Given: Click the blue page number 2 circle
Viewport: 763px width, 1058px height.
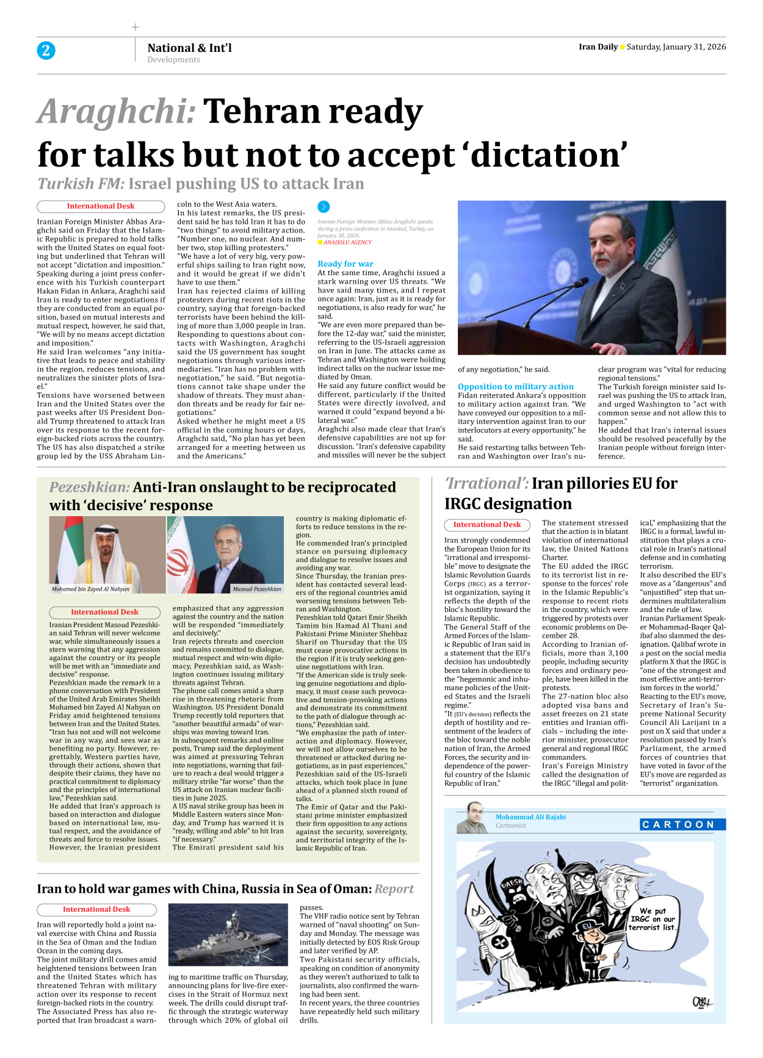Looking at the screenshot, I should [46, 51].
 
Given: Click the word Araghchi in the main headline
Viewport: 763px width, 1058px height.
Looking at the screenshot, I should [116, 112].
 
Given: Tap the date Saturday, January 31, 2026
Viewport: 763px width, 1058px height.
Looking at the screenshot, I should [676, 47].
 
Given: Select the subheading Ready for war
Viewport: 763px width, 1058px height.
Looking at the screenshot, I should [345, 264].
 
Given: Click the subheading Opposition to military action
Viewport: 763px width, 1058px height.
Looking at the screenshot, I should [515, 386].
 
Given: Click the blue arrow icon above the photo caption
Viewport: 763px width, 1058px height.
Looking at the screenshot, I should [324, 207].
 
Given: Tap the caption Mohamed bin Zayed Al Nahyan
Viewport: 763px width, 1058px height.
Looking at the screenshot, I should [90, 589].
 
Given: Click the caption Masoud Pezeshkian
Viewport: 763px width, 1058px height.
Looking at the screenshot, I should [256, 589].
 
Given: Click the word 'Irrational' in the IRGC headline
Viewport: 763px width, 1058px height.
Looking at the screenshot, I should [486, 484].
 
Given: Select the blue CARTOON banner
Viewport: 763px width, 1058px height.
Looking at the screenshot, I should [682, 824].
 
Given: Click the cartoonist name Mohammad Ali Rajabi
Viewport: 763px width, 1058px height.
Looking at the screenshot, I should [530, 817].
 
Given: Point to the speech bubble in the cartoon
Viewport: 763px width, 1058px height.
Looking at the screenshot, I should [653, 919].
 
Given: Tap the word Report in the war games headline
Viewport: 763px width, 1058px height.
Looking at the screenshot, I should [394, 889].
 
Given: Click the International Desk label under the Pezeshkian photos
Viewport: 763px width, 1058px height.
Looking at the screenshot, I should [104, 612].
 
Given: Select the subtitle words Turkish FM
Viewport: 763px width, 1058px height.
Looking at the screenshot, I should [81, 184].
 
